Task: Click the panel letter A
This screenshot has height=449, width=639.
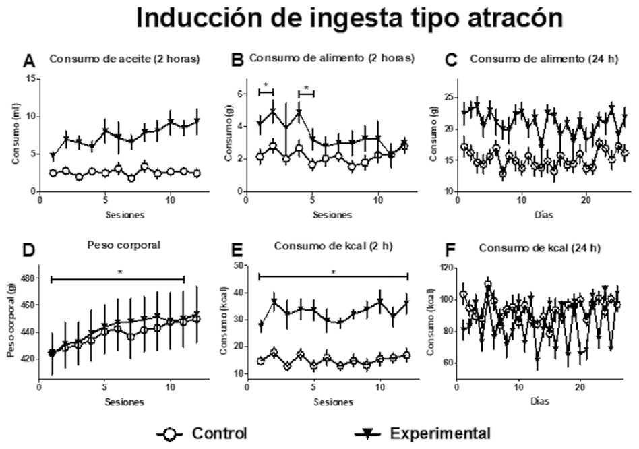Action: point(29,62)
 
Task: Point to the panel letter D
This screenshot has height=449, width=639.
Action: point(29,250)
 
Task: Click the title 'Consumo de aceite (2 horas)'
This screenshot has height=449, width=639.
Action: point(124,59)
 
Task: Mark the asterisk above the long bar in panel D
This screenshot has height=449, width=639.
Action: point(119,272)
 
